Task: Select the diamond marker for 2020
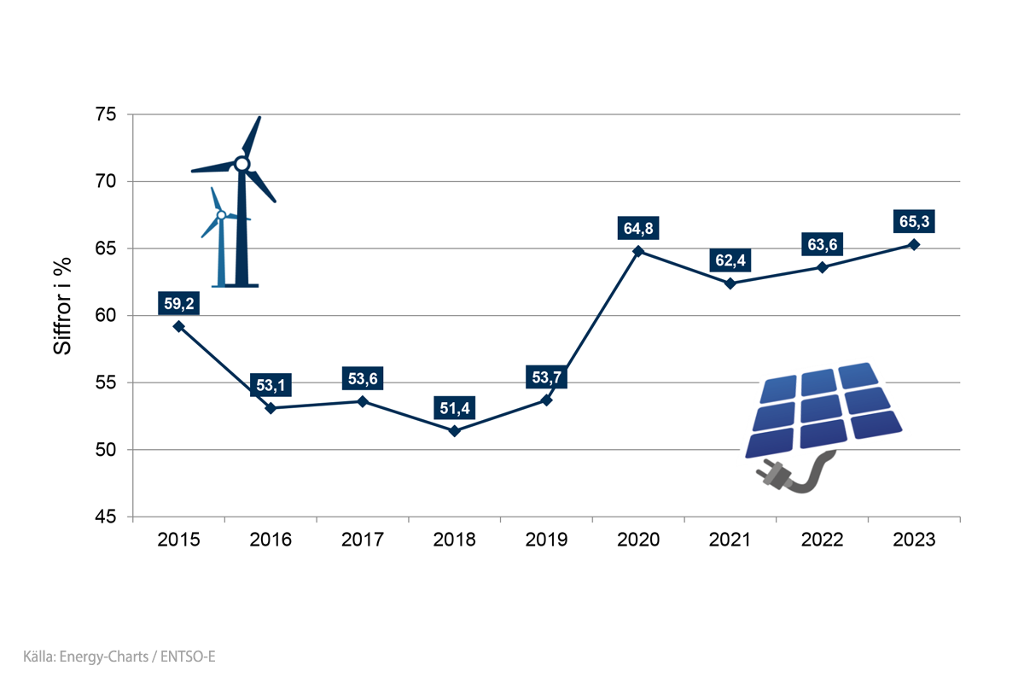[638, 251]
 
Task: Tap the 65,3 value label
[914, 221]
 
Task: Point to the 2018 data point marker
[454, 431]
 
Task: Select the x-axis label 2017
[362, 540]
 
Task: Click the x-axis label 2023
[914, 540]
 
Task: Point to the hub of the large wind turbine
[241, 163]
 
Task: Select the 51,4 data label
[454, 407]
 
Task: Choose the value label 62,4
[730, 260]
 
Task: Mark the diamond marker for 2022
[822, 267]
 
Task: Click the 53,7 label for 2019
[546, 377]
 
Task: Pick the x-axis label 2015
[178, 540]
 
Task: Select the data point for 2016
[271, 408]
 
